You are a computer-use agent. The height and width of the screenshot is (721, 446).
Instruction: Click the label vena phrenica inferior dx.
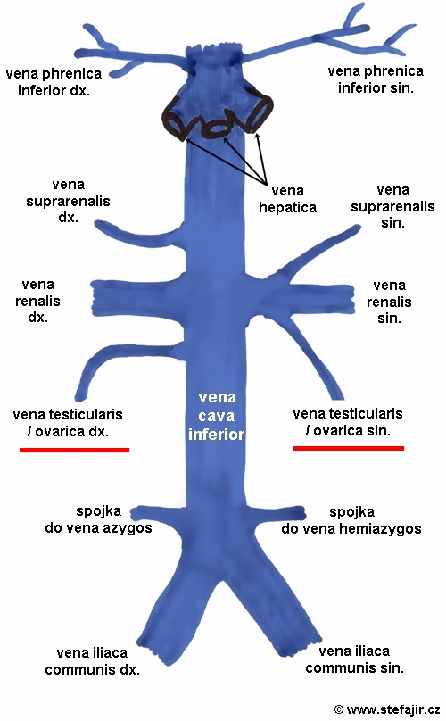pos(54,82)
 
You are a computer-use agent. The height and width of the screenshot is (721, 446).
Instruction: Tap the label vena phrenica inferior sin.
pos(376,79)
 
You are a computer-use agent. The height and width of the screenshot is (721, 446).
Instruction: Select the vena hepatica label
pos(287,199)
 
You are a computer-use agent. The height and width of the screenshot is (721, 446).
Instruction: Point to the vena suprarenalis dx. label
pos(68,201)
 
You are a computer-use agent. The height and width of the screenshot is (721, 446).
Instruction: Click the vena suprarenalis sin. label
pos(392,206)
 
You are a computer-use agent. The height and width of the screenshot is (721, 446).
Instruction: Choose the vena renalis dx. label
pos(37,302)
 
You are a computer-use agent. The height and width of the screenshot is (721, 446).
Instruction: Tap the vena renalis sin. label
pos(389,302)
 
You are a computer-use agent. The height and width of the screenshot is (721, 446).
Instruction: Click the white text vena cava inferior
pos(217,416)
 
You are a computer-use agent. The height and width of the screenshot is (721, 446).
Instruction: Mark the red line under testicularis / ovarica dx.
pos(75,450)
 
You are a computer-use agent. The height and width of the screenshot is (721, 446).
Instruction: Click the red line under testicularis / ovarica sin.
pos(349,448)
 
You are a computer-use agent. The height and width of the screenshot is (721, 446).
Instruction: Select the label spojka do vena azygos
pos(98,519)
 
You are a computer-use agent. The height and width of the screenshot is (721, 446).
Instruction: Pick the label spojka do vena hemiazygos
pos(351,520)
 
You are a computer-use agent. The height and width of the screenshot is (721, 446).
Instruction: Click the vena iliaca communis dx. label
pos(92,660)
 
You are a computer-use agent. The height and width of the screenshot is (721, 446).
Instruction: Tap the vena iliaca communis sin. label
pos(354,659)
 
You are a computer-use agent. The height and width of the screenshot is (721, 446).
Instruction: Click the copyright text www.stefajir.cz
pos(387,709)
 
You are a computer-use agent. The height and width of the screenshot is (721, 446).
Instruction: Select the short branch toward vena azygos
pos(157,513)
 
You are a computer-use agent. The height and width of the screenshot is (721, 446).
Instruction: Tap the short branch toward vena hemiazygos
pos(275,513)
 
